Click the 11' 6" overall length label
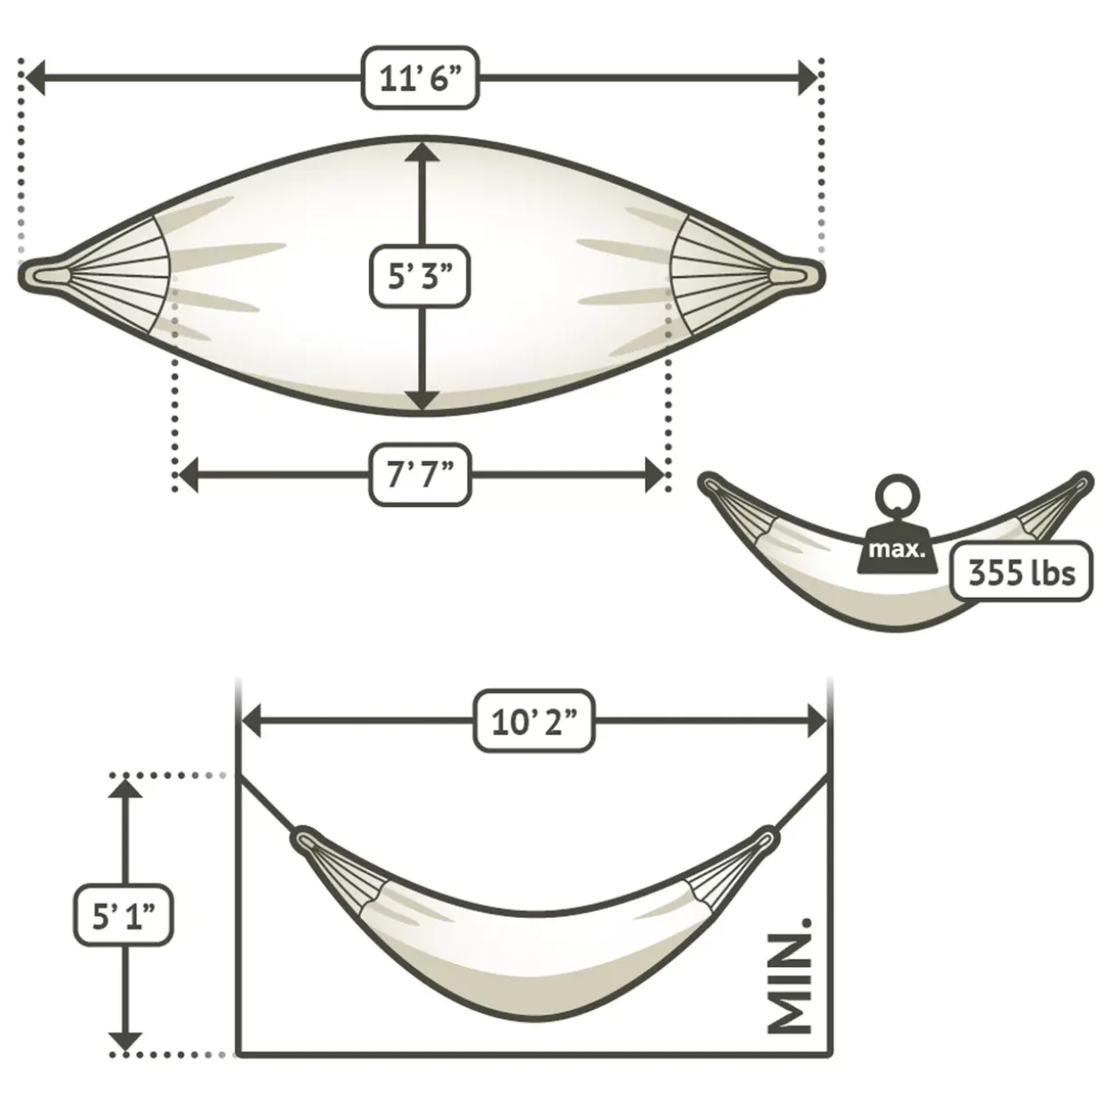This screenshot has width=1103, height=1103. tap(420, 78)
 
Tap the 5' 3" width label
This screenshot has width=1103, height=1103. tap(420, 277)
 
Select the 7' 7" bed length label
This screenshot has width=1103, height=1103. tap(420, 474)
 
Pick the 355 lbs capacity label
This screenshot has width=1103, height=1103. tap(1022, 571)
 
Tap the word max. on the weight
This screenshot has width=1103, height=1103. tap(897, 550)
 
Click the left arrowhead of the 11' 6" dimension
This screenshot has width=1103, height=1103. tap(35, 78)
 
